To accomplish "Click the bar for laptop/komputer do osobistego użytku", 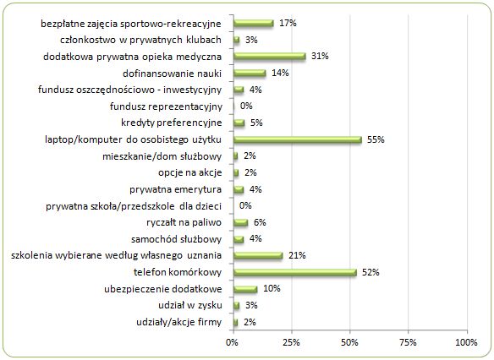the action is click(x=298, y=139).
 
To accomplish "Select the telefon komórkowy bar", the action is click(x=295, y=272).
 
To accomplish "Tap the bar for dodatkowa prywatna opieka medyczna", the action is click(x=270, y=57).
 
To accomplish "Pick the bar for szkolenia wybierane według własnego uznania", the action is click(x=258, y=256).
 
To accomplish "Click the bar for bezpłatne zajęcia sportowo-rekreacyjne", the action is click(x=254, y=24).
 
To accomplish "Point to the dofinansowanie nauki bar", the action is click(x=250, y=74).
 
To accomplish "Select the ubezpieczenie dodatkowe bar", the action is click(x=245, y=289).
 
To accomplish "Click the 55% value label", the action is click(x=376, y=139).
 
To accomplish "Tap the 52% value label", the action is click(x=370, y=272).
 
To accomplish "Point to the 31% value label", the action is click(x=320, y=56).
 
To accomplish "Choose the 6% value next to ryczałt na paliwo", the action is click(x=260, y=222).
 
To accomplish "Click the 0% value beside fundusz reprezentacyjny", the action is click(x=246, y=106).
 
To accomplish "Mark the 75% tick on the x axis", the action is click(x=408, y=342).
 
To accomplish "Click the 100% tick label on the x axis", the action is click(x=467, y=342).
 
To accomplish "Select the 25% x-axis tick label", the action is click(x=292, y=342).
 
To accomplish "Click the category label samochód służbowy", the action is click(x=177, y=239).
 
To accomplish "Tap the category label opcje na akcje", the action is click(x=190, y=172).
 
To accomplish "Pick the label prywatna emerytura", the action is click(x=175, y=190).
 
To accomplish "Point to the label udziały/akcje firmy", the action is click(x=179, y=323).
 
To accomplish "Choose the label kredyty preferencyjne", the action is click(x=172, y=123).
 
